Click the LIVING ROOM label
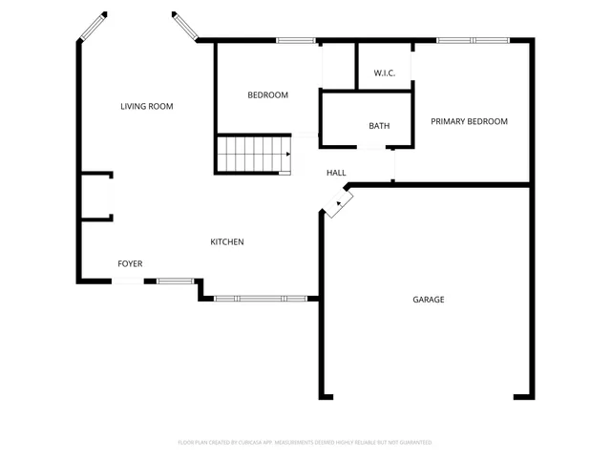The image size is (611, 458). point(146,106)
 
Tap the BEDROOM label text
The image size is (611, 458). point(267,94)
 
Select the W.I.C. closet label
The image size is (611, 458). point(385,73)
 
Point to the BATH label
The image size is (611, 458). point(379,126)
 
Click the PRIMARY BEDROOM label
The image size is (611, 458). point(469,121)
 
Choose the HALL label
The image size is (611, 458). point(336,173)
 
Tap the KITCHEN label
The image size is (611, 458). point(227,241)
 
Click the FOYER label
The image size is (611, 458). point(131,262)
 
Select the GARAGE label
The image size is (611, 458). point(428,299)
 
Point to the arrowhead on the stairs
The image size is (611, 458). point(286,154)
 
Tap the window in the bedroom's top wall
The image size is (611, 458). point(295,40)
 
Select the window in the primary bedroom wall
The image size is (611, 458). point(473,40)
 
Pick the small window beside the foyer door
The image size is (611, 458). point(175,281)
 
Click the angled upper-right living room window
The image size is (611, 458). point(183,27)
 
